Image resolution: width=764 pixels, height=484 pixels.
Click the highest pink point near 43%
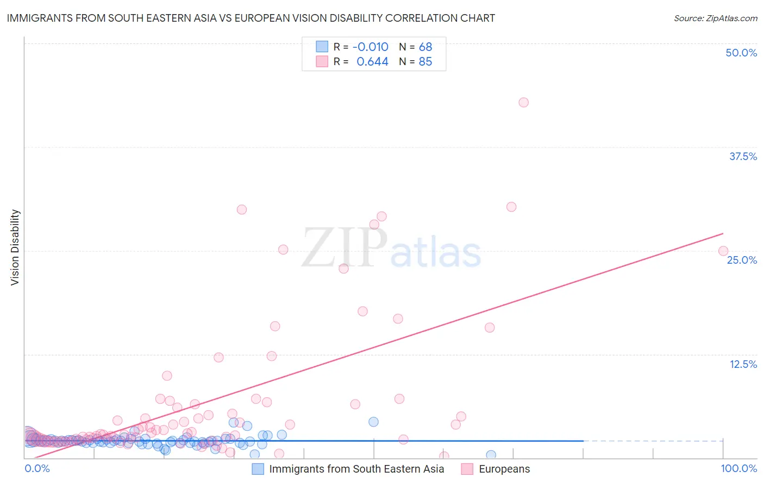523,103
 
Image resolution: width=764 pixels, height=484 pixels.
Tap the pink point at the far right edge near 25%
723,251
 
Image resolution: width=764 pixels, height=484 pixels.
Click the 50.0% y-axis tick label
741,53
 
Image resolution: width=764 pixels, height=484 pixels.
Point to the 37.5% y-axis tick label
743,156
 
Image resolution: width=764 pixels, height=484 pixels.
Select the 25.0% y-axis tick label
742,260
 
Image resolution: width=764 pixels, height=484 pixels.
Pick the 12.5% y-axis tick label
743,364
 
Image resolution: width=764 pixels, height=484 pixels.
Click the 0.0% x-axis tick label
37,468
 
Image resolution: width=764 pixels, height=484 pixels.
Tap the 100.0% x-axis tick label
738,468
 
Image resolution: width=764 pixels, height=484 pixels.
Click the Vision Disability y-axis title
15,247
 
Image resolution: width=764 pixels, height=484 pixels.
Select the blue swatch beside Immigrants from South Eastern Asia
258,469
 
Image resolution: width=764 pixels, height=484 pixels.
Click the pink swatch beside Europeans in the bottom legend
467,469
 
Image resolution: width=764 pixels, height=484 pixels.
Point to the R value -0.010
371,47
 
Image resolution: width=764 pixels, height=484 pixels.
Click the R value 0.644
372,62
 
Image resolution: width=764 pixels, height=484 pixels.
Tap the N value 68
425,47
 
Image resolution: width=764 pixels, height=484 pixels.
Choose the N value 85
425,62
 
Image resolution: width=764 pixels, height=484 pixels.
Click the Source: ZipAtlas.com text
715,18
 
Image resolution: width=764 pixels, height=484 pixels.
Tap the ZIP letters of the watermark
344,248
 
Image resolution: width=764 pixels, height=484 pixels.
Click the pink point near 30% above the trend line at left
242,209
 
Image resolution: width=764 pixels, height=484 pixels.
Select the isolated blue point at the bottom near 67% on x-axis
491,455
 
